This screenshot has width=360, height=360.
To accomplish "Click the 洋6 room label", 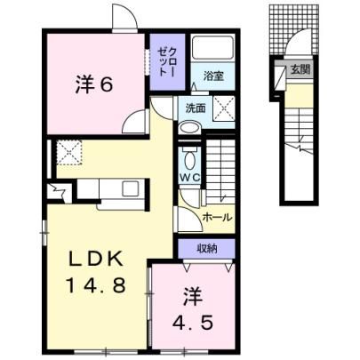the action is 94,84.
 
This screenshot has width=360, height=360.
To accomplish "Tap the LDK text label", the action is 96,260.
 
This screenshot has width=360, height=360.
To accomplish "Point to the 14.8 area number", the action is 97,285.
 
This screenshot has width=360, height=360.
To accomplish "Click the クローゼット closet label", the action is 167,62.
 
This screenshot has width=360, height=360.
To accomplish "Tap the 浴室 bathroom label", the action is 212,76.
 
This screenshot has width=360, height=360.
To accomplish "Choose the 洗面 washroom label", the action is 196,108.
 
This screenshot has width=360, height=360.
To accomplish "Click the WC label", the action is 191,178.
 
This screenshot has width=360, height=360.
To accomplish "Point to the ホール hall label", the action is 217,218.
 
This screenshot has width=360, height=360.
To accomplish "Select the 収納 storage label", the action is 207,249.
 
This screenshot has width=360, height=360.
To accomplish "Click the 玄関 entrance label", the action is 300,70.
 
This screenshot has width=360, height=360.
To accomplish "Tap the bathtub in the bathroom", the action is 212,48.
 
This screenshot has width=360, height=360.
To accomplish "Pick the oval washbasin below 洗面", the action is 190,128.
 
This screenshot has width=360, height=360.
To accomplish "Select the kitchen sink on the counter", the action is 131,188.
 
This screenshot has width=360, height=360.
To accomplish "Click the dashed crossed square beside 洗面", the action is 224,108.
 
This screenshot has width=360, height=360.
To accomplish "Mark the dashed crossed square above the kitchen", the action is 69,152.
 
